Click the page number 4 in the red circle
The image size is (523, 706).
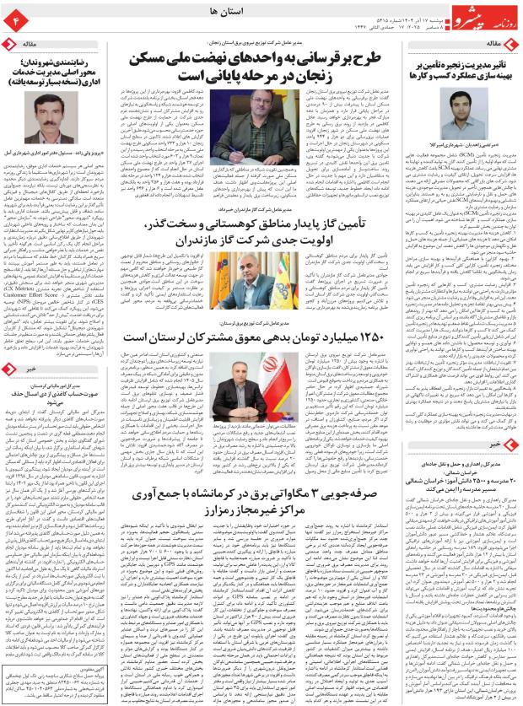(14, 16)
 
